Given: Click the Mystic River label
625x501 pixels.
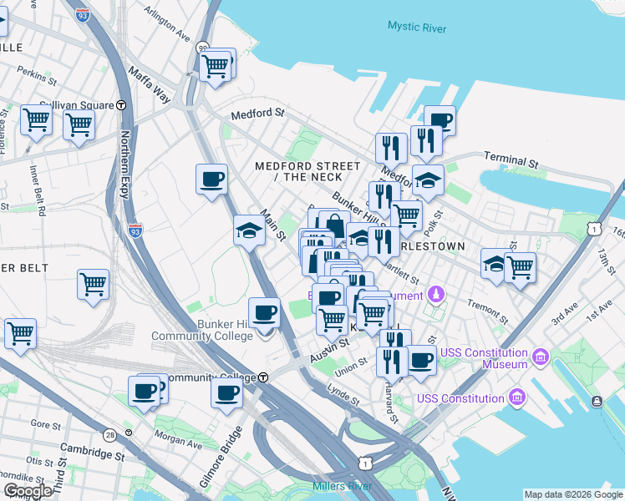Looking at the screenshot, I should (416, 27).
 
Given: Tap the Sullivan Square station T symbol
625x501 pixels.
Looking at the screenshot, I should (121, 105).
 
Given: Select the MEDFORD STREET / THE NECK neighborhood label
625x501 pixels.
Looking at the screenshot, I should (308, 171).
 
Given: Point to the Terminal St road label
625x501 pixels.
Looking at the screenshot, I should (509, 160).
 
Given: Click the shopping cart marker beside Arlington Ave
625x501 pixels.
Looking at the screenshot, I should (216, 65).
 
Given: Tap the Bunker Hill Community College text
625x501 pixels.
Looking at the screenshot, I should (201, 330).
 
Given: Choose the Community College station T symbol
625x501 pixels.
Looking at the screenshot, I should (262, 377).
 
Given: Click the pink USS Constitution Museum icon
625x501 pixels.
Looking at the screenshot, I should (541, 357).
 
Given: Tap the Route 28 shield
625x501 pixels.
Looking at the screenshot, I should (109, 435).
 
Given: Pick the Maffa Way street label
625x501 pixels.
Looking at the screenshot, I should (150, 87).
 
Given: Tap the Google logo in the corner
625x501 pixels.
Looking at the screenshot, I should (28, 490).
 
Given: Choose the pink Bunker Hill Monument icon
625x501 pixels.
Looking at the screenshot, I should (435, 294).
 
